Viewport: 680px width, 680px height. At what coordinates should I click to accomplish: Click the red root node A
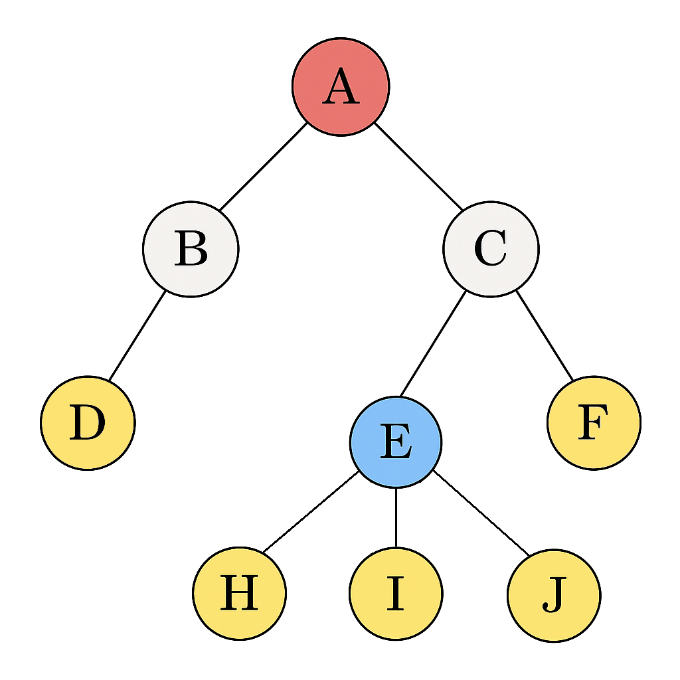(x=341, y=86)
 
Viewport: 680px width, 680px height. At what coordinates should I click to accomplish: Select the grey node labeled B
(x=191, y=249)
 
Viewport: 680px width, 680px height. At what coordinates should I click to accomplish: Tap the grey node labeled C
(x=491, y=249)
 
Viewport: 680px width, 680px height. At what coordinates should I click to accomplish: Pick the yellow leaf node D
(x=88, y=422)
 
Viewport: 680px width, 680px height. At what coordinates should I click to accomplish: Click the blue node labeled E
(x=396, y=442)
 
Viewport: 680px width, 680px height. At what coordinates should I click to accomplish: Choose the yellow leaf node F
(x=594, y=422)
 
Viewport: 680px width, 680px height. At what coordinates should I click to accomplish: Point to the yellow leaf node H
(x=239, y=593)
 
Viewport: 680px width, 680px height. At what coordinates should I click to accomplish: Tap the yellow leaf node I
(x=396, y=593)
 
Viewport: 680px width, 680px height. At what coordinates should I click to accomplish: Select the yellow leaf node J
(x=553, y=595)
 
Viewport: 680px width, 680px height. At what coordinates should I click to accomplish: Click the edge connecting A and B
(x=264, y=166)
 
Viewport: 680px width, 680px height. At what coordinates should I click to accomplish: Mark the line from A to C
(x=418, y=166)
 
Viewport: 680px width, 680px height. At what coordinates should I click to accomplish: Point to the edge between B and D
(x=137, y=336)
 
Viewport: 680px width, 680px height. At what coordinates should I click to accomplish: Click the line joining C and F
(x=545, y=336)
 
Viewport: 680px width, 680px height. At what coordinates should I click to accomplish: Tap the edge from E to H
(x=310, y=512)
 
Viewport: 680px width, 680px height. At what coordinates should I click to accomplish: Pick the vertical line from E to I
(x=396, y=518)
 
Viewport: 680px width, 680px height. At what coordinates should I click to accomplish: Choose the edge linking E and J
(x=481, y=513)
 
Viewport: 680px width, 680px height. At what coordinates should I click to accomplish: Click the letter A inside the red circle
(x=341, y=88)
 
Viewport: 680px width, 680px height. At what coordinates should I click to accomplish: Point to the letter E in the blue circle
(x=396, y=443)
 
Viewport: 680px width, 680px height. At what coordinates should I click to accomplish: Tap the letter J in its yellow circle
(x=553, y=596)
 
